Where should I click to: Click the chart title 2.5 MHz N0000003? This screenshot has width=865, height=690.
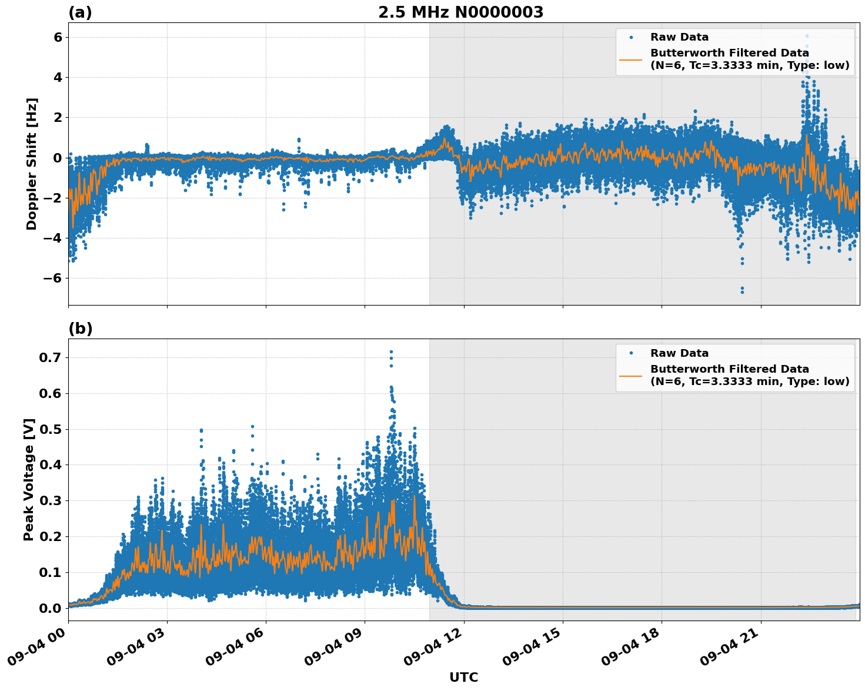click(460, 12)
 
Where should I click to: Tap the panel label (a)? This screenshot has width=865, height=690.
click(80, 12)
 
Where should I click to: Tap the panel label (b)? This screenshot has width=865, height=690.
click(80, 329)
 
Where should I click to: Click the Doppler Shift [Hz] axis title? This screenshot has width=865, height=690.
click(32, 164)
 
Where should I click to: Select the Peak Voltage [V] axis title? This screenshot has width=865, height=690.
click(29, 479)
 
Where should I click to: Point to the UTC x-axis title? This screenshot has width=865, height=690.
click(463, 677)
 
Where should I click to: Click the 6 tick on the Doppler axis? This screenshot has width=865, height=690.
click(58, 37)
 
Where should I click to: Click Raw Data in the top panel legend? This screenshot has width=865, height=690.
click(679, 37)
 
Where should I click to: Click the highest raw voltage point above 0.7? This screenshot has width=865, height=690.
click(391, 351)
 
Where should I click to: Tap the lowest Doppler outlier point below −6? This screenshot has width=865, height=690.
click(742, 291)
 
